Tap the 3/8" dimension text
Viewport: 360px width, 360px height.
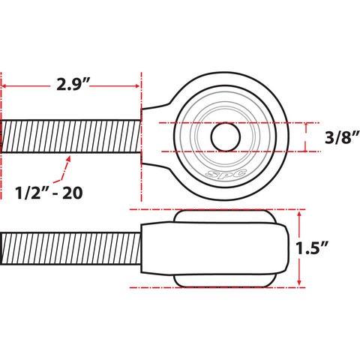[x=342, y=137]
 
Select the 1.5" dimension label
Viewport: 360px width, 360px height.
[x=311, y=248]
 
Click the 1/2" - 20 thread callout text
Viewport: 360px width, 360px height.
[x=49, y=193]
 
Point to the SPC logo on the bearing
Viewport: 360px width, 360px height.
[x=226, y=173]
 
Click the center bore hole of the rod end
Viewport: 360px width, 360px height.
[x=226, y=137]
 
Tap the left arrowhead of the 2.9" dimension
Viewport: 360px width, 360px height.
[x=4, y=86]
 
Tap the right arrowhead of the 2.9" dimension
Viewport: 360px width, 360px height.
[x=137, y=86]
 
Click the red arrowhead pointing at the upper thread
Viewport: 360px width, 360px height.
[x=68, y=158]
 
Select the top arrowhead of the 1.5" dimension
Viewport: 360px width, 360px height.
[x=299, y=213]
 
